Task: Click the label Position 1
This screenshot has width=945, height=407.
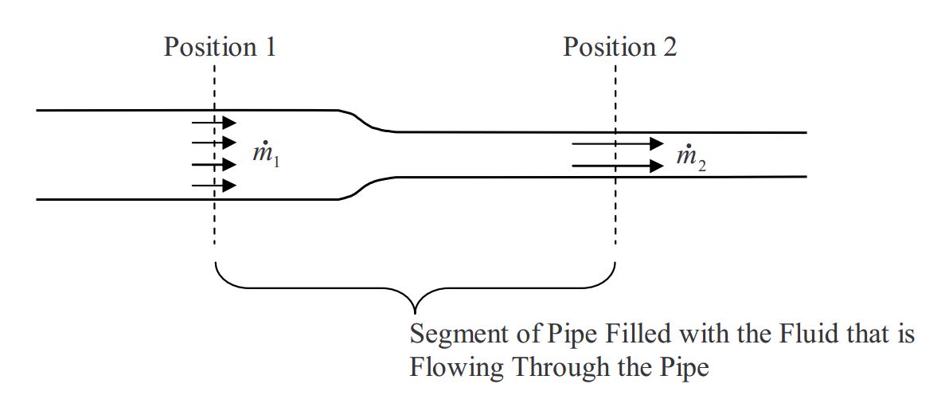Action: click(x=220, y=47)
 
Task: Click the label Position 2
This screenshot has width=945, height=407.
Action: click(x=620, y=47)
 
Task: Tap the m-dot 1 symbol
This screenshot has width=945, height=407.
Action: click(x=266, y=154)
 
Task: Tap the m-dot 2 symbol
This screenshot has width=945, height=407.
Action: click(x=690, y=158)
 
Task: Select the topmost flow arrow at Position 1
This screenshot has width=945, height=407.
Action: click(x=214, y=122)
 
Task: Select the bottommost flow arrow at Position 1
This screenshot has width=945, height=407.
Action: click(x=214, y=186)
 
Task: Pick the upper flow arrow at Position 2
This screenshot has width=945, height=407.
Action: click(x=618, y=143)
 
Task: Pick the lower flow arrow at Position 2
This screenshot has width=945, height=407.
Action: click(x=618, y=166)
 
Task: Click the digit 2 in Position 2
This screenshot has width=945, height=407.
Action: click(x=670, y=47)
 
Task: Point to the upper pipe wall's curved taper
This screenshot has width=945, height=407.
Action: click(x=365, y=120)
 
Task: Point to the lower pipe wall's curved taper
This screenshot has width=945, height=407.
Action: click(x=365, y=188)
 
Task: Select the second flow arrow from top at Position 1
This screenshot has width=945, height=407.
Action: click(x=214, y=143)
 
